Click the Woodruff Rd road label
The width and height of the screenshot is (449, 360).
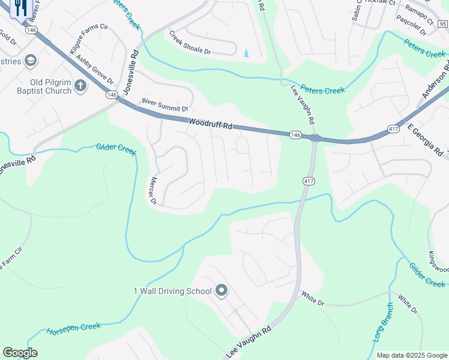[x=209, y=124]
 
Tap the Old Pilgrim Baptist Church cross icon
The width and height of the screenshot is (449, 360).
[x=80, y=86]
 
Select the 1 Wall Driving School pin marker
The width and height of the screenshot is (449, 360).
[x=221, y=292]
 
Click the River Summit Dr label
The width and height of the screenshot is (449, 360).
[x=164, y=106]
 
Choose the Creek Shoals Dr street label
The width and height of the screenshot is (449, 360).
[x=190, y=43]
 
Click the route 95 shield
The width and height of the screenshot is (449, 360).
[x=442, y=24]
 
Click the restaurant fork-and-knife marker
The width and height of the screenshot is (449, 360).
[x=21, y=8]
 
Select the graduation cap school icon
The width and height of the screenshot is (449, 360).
[x=30, y=61]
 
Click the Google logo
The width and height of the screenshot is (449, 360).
[x=20, y=353]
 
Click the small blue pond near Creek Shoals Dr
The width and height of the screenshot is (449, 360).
[x=246, y=52]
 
